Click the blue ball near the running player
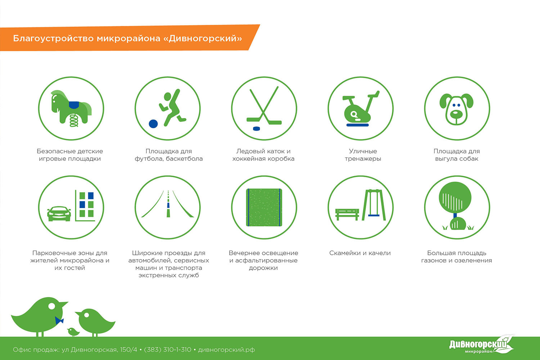point(153,124)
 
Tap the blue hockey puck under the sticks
point(256,128)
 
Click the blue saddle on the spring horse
point(74,104)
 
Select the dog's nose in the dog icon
point(456,113)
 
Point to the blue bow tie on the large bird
point(59,320)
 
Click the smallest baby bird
point(73,332)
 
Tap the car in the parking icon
point(59,213)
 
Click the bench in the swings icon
point(347,214)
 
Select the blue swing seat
point(374,215)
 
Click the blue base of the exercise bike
point(357,125)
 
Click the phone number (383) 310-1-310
point(167,350)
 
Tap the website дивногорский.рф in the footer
point(226,350)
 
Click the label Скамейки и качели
point(360,253)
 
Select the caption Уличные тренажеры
point(363,155)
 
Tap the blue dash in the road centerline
point(168,205)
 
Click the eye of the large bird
point(52,306)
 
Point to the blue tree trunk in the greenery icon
point(455,215)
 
